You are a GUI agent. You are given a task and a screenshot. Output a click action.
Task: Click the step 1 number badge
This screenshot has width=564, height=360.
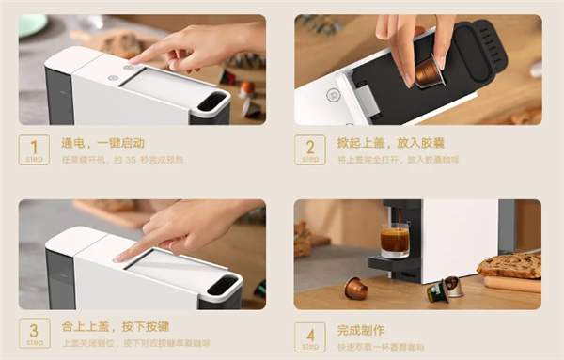click(34, 150)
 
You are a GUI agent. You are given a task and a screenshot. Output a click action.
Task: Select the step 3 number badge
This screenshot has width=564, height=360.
click(34, 335)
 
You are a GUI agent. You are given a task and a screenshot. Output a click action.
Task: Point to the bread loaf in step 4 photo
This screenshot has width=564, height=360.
click(510, 265)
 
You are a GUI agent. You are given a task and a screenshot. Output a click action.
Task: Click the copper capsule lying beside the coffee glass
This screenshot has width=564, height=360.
click(355, 289)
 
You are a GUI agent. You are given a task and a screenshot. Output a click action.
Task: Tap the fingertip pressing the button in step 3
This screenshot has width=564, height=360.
click(119, 255)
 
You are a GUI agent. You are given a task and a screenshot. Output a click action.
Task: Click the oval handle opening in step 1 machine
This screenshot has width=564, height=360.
click(213, 101)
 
